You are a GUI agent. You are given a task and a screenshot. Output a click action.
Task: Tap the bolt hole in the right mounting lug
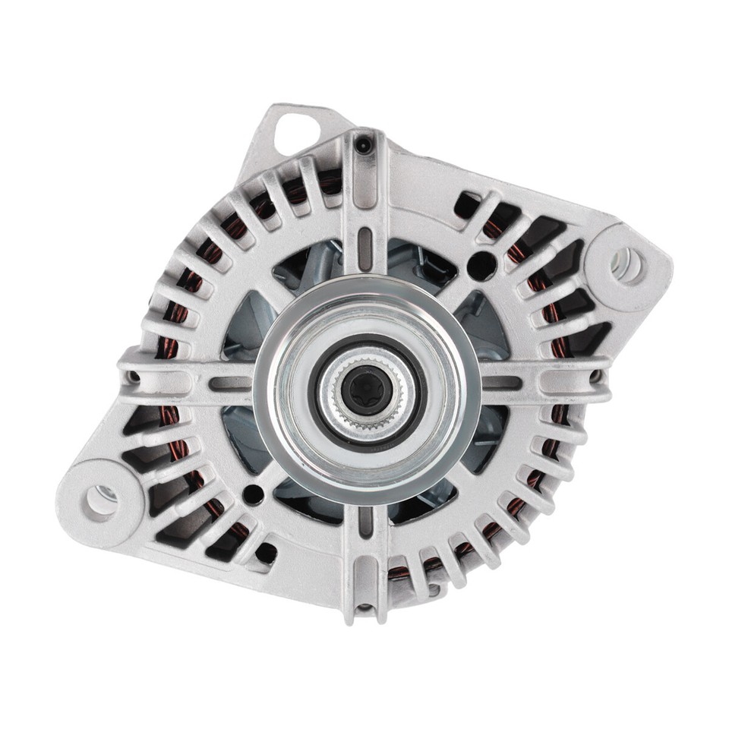[627, 264]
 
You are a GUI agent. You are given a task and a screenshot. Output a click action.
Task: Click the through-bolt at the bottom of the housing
[366, 607]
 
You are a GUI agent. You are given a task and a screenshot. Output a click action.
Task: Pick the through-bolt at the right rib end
[596, 377]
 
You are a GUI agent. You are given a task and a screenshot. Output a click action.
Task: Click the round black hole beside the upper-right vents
[481, 265]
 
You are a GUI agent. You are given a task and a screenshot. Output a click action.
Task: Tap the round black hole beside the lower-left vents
[254, 496]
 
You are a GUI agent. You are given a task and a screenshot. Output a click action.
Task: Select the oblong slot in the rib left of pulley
[228, 383]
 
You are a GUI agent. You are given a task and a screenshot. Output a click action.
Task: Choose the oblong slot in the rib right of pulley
[503, 383]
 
